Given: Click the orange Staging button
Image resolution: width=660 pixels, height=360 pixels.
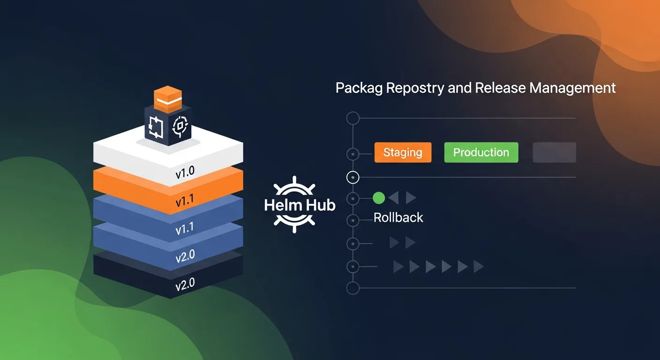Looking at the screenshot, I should coord(403,152).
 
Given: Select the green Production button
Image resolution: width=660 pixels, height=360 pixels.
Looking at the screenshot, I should coord(481,152).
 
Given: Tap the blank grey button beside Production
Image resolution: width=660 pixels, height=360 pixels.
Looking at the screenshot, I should coord(554,152).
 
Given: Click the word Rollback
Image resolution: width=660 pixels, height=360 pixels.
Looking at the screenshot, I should coord(398,217).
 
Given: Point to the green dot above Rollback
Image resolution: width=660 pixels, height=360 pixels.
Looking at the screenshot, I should coord(379,198).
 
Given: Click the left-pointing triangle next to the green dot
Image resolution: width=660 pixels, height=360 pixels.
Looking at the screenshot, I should coord(394,198).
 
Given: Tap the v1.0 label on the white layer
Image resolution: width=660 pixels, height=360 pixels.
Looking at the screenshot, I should coord(185,173).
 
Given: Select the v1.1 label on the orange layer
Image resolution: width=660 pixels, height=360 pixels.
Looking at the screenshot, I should coord(185,202).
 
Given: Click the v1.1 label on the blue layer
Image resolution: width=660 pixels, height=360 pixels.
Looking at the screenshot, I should coord(185,229).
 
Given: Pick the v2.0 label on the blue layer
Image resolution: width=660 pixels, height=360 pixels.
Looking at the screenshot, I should coord(185,256).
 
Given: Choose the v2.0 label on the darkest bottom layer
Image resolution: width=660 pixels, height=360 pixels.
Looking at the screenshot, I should coord(185,284).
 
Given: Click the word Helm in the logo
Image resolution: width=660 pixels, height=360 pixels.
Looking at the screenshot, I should coord(280,205).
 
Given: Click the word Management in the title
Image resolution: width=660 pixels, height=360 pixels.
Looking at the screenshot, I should coord(572,88).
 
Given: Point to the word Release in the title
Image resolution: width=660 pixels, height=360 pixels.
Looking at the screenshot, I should coord(500,88).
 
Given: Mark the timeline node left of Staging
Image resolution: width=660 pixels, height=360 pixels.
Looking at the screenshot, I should coord(352,154).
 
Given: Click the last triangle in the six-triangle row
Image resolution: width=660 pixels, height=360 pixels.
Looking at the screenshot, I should coord(478,267).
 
